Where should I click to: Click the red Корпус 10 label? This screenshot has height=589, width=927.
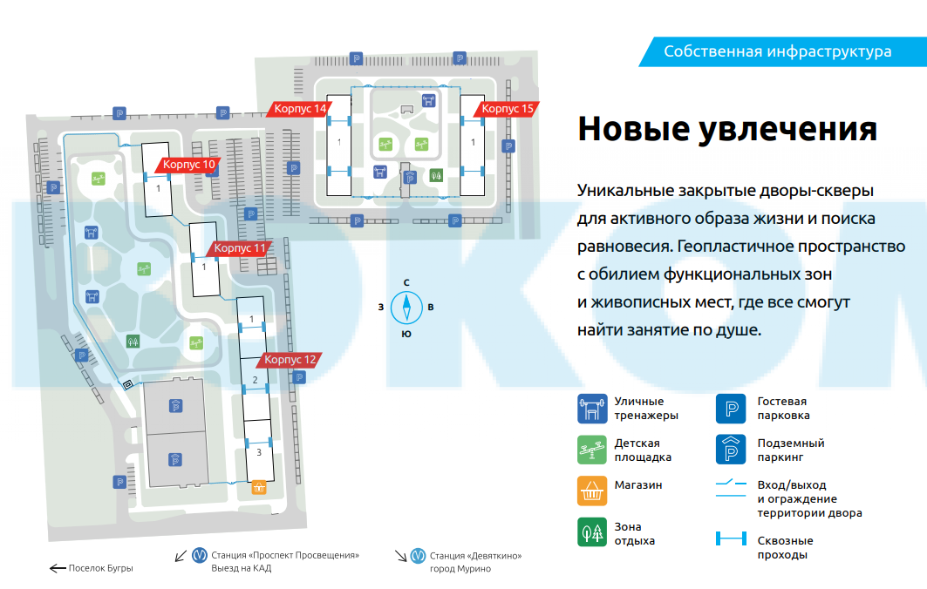188,165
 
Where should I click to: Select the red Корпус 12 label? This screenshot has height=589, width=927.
290,359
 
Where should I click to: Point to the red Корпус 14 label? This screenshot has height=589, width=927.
299,109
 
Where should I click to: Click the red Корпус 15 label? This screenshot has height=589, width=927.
507,109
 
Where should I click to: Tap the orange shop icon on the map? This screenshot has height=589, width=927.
258,488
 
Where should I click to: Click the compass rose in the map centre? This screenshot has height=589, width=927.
406,307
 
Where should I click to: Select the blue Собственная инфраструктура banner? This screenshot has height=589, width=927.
777,51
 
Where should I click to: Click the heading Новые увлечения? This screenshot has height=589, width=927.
726,129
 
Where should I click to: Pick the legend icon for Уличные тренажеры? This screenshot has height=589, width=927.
592,408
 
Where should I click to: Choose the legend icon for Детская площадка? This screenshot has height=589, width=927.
592,450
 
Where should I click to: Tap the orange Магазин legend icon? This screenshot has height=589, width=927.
592,491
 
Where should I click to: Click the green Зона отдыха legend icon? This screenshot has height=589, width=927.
592,532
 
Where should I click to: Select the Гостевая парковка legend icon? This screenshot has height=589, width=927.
731,408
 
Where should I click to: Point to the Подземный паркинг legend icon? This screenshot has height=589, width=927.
731,450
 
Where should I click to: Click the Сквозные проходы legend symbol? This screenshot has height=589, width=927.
731,540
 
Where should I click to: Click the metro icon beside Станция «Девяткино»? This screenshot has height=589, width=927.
419,555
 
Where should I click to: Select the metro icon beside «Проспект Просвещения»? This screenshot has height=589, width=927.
200,555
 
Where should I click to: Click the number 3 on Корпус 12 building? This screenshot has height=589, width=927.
258,452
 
